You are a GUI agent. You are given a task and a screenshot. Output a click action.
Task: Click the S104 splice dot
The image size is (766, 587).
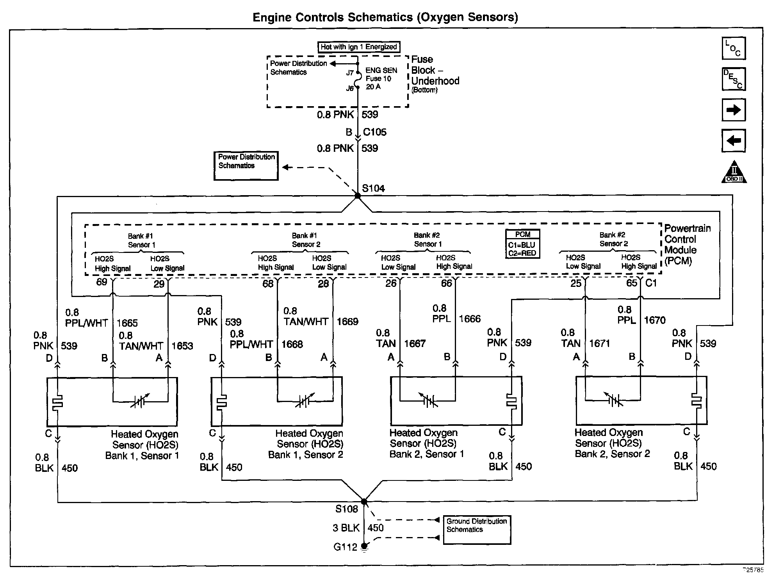[357, 196]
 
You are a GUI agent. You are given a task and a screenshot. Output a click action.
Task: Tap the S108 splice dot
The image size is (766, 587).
[364, 502]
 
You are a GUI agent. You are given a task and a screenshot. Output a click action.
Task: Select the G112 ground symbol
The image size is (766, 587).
[364, 547]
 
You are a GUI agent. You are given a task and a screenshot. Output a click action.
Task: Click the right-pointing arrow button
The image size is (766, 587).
[734, 110]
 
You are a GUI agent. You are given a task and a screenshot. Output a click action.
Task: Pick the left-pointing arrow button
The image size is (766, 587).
[734, 141]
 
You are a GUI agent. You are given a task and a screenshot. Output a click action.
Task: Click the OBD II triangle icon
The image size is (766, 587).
[734, 173]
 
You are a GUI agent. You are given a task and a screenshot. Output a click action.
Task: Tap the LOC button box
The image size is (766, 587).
[734, 48]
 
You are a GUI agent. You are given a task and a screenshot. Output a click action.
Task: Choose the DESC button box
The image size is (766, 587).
[734, 79]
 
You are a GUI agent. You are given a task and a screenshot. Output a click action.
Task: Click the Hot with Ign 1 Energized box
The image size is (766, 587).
[359, 47]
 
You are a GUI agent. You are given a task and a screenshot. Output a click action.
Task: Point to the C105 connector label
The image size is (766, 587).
[374, 132]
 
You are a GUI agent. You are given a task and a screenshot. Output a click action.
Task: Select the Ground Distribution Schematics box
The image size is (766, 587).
[477, 530]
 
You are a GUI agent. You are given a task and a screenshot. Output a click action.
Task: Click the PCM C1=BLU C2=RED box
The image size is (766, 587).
[522, 244]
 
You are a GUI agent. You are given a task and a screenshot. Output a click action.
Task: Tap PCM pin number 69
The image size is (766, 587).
[102, 282]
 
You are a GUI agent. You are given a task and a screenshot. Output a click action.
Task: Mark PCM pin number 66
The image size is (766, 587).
[446, 283]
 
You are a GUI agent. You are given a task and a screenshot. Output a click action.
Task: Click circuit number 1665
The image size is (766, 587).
[127, 323]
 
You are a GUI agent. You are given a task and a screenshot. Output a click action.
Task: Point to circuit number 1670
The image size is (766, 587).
[654, 320]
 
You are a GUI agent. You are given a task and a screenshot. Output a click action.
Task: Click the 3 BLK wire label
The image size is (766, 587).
[346, 528]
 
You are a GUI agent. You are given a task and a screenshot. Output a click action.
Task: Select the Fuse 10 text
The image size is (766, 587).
[378, 78]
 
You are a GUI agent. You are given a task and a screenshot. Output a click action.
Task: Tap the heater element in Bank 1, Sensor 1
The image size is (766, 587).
[58, 402]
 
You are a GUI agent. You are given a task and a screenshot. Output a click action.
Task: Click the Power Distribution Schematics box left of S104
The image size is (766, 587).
[246, 166]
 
